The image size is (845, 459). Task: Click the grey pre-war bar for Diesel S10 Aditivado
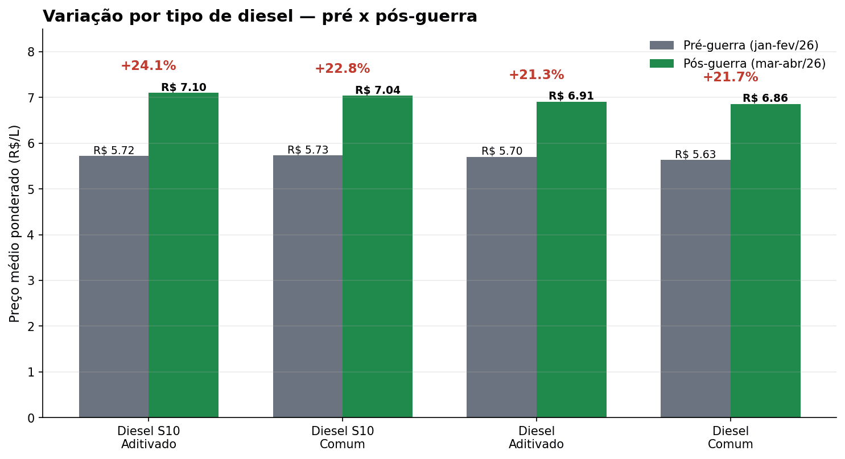pyautogui.click(x=114, y=287)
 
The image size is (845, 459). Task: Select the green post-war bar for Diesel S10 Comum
pyautogui.click(x=377, y=257)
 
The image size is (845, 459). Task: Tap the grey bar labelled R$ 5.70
pyautogui.click(x=501, y=287)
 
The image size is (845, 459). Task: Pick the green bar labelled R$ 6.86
pyautogui.click(x=765, y=261)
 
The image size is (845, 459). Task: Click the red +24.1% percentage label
pyautogui.click(x=148, y=66)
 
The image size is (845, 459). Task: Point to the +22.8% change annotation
pyautogui.click(x=342, y=69)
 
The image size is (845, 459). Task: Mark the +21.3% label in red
pyautogui.click(x=536, y=75)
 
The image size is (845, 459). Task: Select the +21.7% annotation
pyautogui.click(x=730, y=77)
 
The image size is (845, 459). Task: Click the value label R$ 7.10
pyautogui.click(x=183, y=88)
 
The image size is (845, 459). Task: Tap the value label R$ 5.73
pyautogui.click(x=308, y=150)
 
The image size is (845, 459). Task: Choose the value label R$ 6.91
pyautogui.click(x=571, y=96)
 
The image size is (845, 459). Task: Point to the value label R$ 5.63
pyautogui.click(x=695, y=155)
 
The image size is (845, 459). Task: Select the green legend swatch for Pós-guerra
pyautogui.click(x=661, y=64)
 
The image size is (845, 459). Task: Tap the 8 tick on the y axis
pyautogui.click(x=31, y=52)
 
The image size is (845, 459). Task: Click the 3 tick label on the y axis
pyautogui.click(x=31, y=280)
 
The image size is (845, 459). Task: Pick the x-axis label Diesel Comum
pyautogui.click(x=730, y=438)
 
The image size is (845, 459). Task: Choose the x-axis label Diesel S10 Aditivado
pyautogui.click(x=149, y=438)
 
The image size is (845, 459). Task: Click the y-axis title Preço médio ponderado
pyautogui.click(x=15, y=223)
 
